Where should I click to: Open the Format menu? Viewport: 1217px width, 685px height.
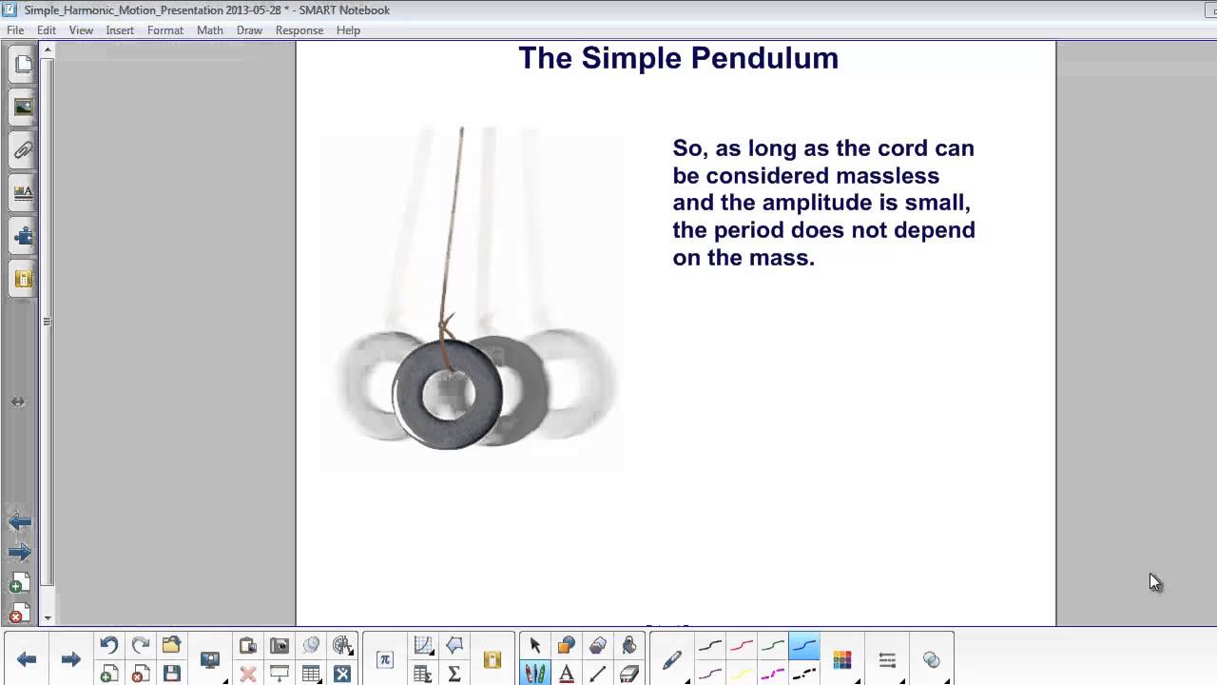[164, 30]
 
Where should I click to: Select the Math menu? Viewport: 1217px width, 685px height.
[209, 30]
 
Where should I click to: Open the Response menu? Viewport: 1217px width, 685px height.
[299, 30]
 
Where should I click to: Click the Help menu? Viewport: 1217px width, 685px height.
[348, 30]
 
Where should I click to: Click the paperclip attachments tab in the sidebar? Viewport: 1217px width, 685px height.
[23, 150]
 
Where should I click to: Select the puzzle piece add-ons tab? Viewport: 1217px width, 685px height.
[23, 236]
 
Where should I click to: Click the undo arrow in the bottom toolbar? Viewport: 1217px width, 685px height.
[108, 646]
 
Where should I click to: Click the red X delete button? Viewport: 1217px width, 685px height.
[248, 675]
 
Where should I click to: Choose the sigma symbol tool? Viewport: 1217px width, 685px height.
[454, 675]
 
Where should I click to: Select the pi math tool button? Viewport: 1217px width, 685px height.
[384, 659]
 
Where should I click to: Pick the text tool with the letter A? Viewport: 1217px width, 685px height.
[567, 675]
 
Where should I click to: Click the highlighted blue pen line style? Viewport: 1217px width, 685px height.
[804, 646]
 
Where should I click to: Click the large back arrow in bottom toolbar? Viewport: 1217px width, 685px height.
[27, 659]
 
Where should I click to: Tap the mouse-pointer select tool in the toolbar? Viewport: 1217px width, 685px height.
[534, 646]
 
